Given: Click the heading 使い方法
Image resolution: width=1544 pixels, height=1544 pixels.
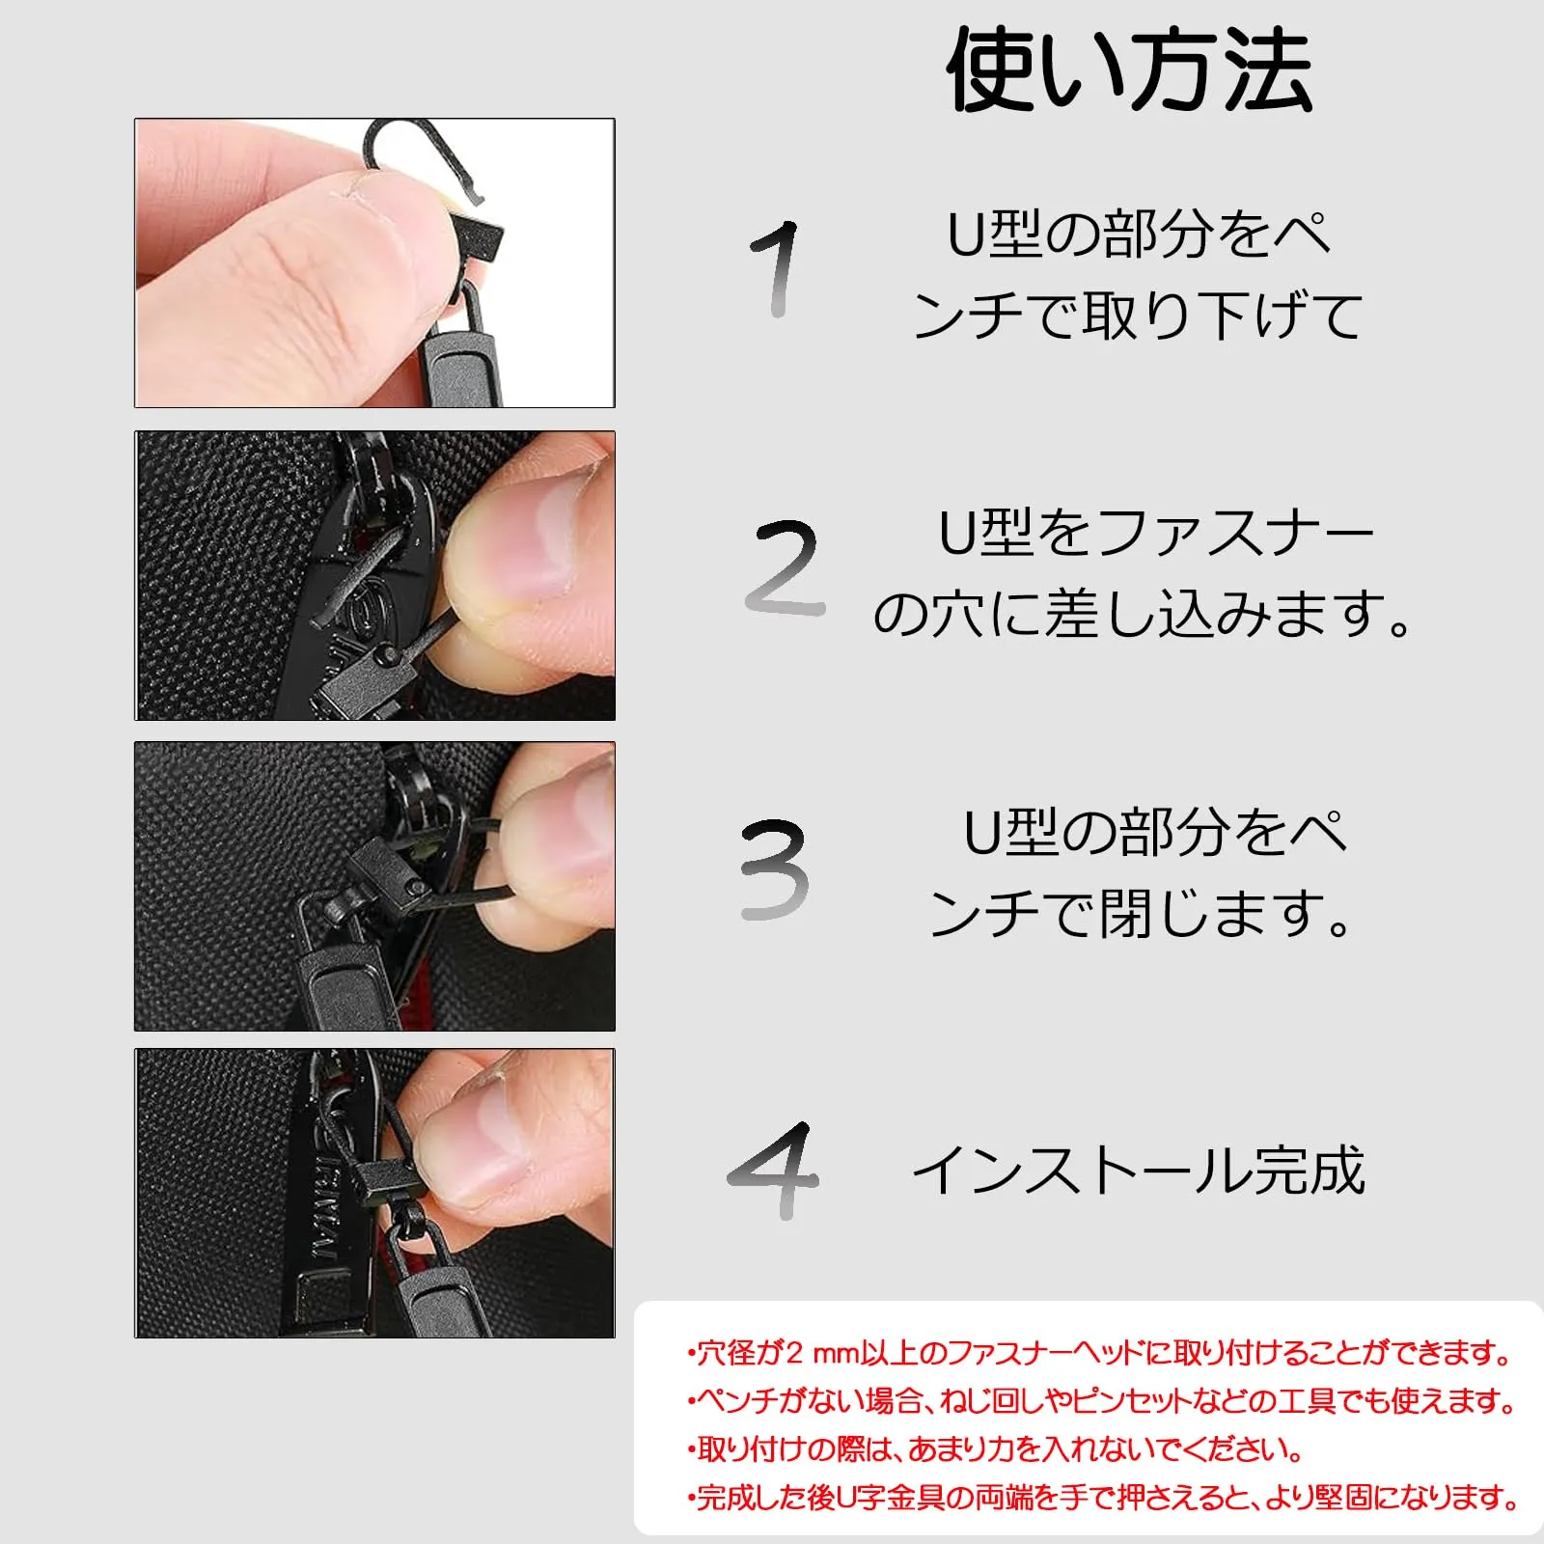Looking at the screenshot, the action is (x=1129, y=69).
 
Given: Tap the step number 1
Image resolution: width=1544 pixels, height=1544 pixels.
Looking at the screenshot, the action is (x=776, y=268).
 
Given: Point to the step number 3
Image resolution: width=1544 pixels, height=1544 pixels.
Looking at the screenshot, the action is (x=774, y=868).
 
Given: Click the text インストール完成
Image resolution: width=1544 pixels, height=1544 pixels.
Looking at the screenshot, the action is (x=1139, y=1171).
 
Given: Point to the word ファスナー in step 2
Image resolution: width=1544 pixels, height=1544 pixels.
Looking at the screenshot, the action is (x=1236, y=533).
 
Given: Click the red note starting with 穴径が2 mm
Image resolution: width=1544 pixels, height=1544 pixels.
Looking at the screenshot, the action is (x=1100, y=1353).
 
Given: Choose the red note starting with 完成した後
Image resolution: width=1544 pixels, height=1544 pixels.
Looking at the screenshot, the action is (x=1103, y=1498).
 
